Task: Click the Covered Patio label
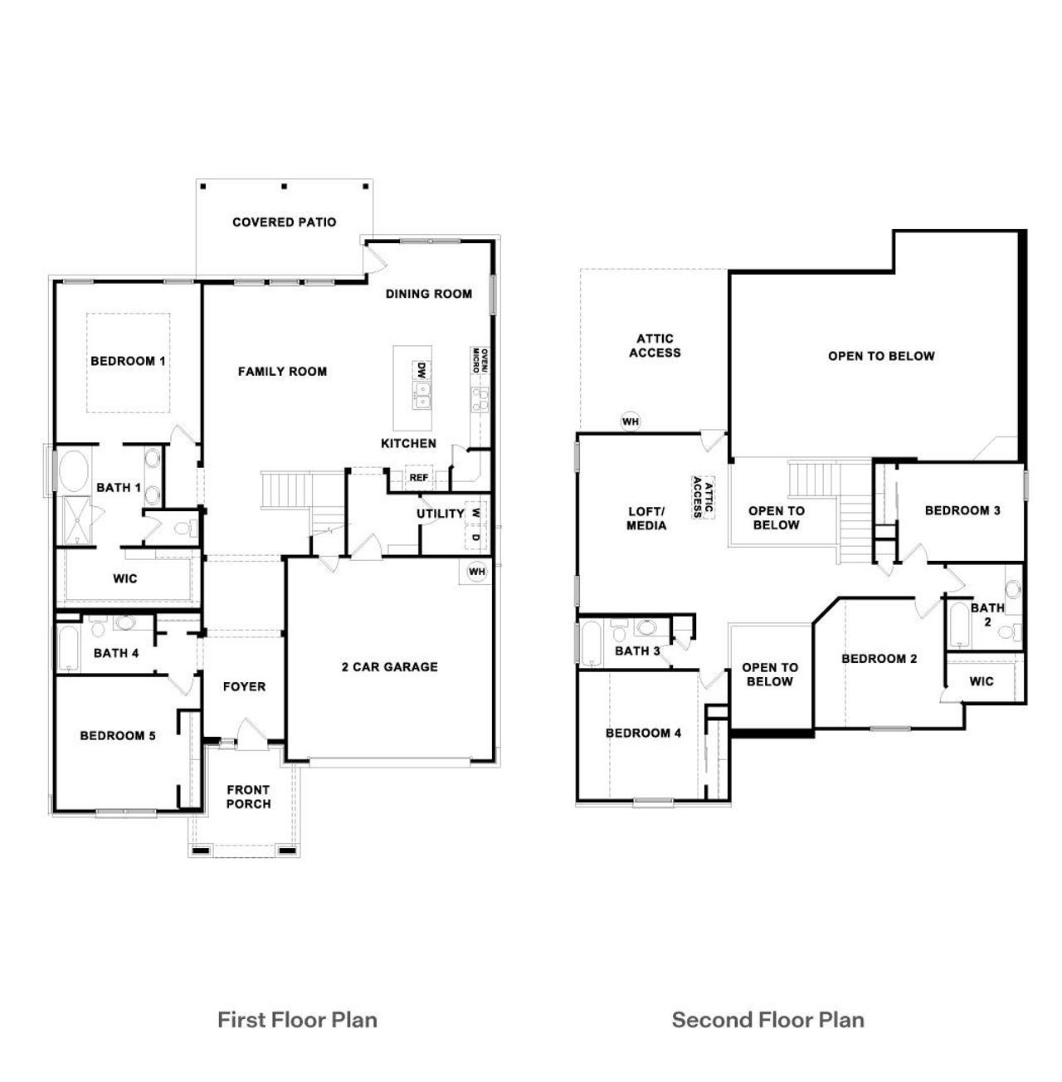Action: [x=284, y=222]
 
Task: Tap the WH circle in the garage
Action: [x=476, y=572]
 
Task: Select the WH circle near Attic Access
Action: [x=631, y=422]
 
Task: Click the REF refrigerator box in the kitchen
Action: [x=418, y=478]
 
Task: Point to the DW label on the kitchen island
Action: [x=421, y=370]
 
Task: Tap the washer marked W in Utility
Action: [x=475, y=513]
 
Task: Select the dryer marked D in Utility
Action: [x=475, y=537]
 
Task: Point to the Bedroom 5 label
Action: [x=118, y=735]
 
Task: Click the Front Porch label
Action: [x=248, y=797]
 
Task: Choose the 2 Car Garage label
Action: [x=389, y=666]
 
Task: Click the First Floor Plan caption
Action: [x=297, y=1020]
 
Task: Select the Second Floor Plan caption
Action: [x=767, y=1020]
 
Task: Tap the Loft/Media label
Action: [x=646, y=519]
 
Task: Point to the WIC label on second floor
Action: [x=982, y=681]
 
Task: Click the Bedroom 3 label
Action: [x=962, y=510]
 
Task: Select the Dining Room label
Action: [x=428, y=294]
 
